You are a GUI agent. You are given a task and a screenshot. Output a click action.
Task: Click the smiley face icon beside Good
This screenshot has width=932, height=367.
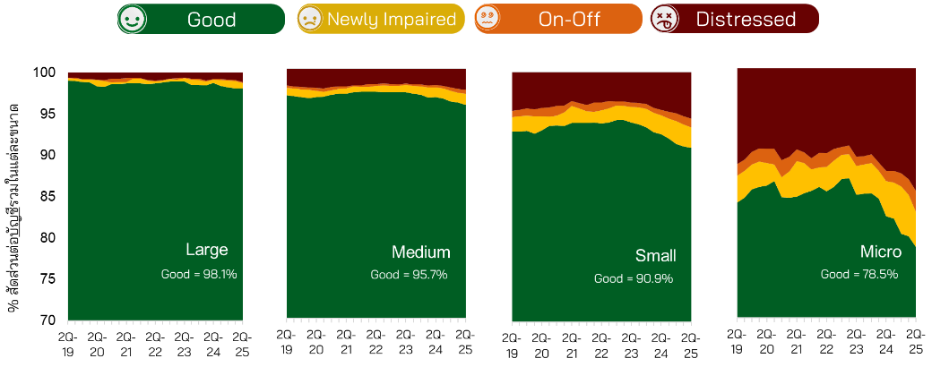point(133,19)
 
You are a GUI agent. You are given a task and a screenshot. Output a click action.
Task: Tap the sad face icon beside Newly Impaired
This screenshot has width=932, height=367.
point(310,19)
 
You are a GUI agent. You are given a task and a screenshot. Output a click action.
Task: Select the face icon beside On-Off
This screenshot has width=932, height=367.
point(488,19)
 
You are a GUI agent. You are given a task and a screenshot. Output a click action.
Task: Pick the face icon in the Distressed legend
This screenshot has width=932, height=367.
point(664,19)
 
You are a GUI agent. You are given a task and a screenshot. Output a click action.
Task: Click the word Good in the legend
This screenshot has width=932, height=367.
point(211,19)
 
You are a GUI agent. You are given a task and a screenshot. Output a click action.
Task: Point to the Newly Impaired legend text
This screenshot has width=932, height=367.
point(392,19)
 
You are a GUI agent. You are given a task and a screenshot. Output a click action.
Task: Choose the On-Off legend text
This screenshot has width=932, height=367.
point(570,19)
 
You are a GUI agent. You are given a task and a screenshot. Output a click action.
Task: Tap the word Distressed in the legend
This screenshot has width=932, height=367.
point(746,19)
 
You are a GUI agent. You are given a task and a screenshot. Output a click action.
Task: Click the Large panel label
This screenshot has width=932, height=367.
point(206,250)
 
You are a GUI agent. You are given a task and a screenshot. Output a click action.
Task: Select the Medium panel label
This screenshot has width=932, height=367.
point(420,252)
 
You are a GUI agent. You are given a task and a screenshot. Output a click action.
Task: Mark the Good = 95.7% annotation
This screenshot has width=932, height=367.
point(409,275)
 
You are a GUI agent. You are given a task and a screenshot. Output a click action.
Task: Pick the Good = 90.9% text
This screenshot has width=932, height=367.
point(634,279)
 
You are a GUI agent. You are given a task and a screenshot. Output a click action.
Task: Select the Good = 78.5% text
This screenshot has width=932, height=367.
point(859,275)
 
